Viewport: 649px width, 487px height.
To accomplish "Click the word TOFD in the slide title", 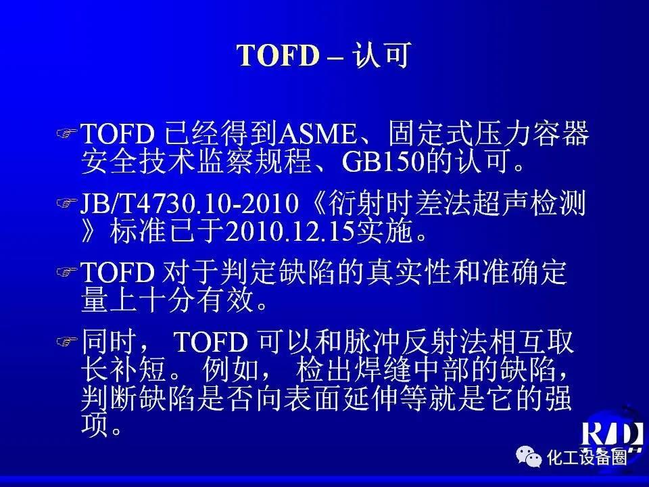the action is (x=279, y=55).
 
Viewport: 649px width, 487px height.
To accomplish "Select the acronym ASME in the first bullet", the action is (x=317, y=134).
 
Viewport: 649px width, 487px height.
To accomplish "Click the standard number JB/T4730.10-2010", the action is (x=189, y=204).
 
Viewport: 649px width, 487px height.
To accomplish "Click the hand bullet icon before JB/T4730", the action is (x=67, y=203).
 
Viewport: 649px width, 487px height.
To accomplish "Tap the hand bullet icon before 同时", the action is (x=67, y=341).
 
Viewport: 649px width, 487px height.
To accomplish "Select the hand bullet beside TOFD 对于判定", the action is (x=67, y=272).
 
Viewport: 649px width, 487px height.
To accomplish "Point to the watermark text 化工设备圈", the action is (x=587, y=458).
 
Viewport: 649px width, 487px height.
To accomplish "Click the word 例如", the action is (x=231, y=370).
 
